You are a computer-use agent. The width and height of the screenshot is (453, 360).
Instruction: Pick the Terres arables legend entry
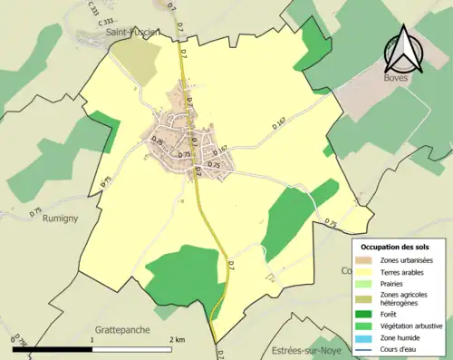(x=402, y=271)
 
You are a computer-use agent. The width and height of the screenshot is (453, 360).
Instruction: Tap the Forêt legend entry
(x=390, y=315)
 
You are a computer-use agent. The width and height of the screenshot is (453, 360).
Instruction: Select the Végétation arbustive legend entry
(x=410, y=326)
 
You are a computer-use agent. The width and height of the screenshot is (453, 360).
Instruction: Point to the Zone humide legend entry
(x=400, y=338)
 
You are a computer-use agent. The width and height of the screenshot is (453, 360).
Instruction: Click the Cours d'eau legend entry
(x=400, y=350)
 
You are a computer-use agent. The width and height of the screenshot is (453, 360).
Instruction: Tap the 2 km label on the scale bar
(x=178, y=339)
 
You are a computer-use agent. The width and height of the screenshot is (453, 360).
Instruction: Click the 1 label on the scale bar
(x=92, y=339)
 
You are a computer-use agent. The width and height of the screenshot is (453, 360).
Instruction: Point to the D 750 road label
(x=17, y=341)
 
